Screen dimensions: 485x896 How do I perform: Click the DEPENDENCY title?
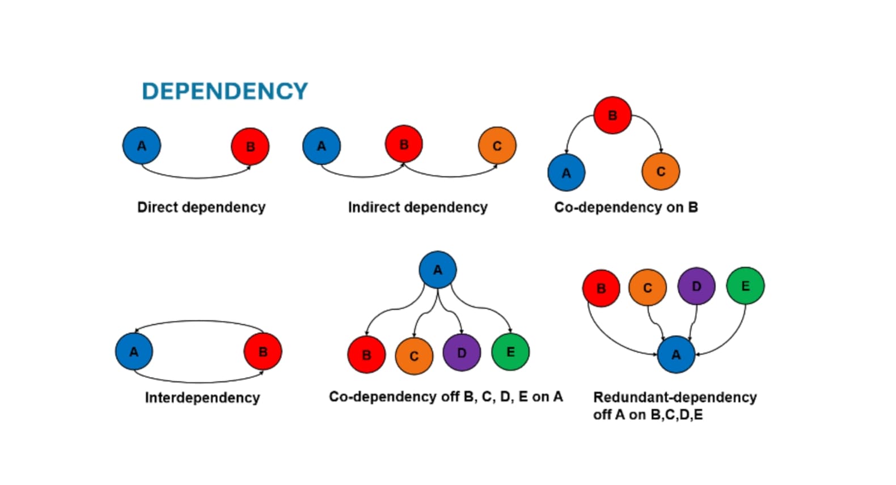225,91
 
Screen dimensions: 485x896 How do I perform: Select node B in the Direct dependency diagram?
250,147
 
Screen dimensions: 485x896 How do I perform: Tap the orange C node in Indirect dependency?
497,146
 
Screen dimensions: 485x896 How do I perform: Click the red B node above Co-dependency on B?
612,116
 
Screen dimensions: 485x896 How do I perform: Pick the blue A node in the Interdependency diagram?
134,352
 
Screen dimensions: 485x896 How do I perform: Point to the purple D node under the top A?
462,352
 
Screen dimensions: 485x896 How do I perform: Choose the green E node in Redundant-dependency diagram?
745,286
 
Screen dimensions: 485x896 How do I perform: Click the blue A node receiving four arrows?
676,355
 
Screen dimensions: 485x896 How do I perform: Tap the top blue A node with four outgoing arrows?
438,270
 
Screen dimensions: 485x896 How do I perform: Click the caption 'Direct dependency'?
201,207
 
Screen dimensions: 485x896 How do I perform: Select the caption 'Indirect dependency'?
418,207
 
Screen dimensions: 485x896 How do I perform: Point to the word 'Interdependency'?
202,398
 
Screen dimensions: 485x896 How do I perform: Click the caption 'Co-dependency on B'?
626,207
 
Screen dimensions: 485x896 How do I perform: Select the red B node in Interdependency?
263,352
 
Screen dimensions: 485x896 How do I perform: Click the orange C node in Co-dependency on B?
661,172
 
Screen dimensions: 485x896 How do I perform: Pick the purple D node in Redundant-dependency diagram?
696,286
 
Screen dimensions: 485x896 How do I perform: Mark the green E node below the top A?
510,352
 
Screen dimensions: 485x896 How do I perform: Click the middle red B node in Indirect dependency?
404,144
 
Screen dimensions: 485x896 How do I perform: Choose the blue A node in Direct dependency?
142,146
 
